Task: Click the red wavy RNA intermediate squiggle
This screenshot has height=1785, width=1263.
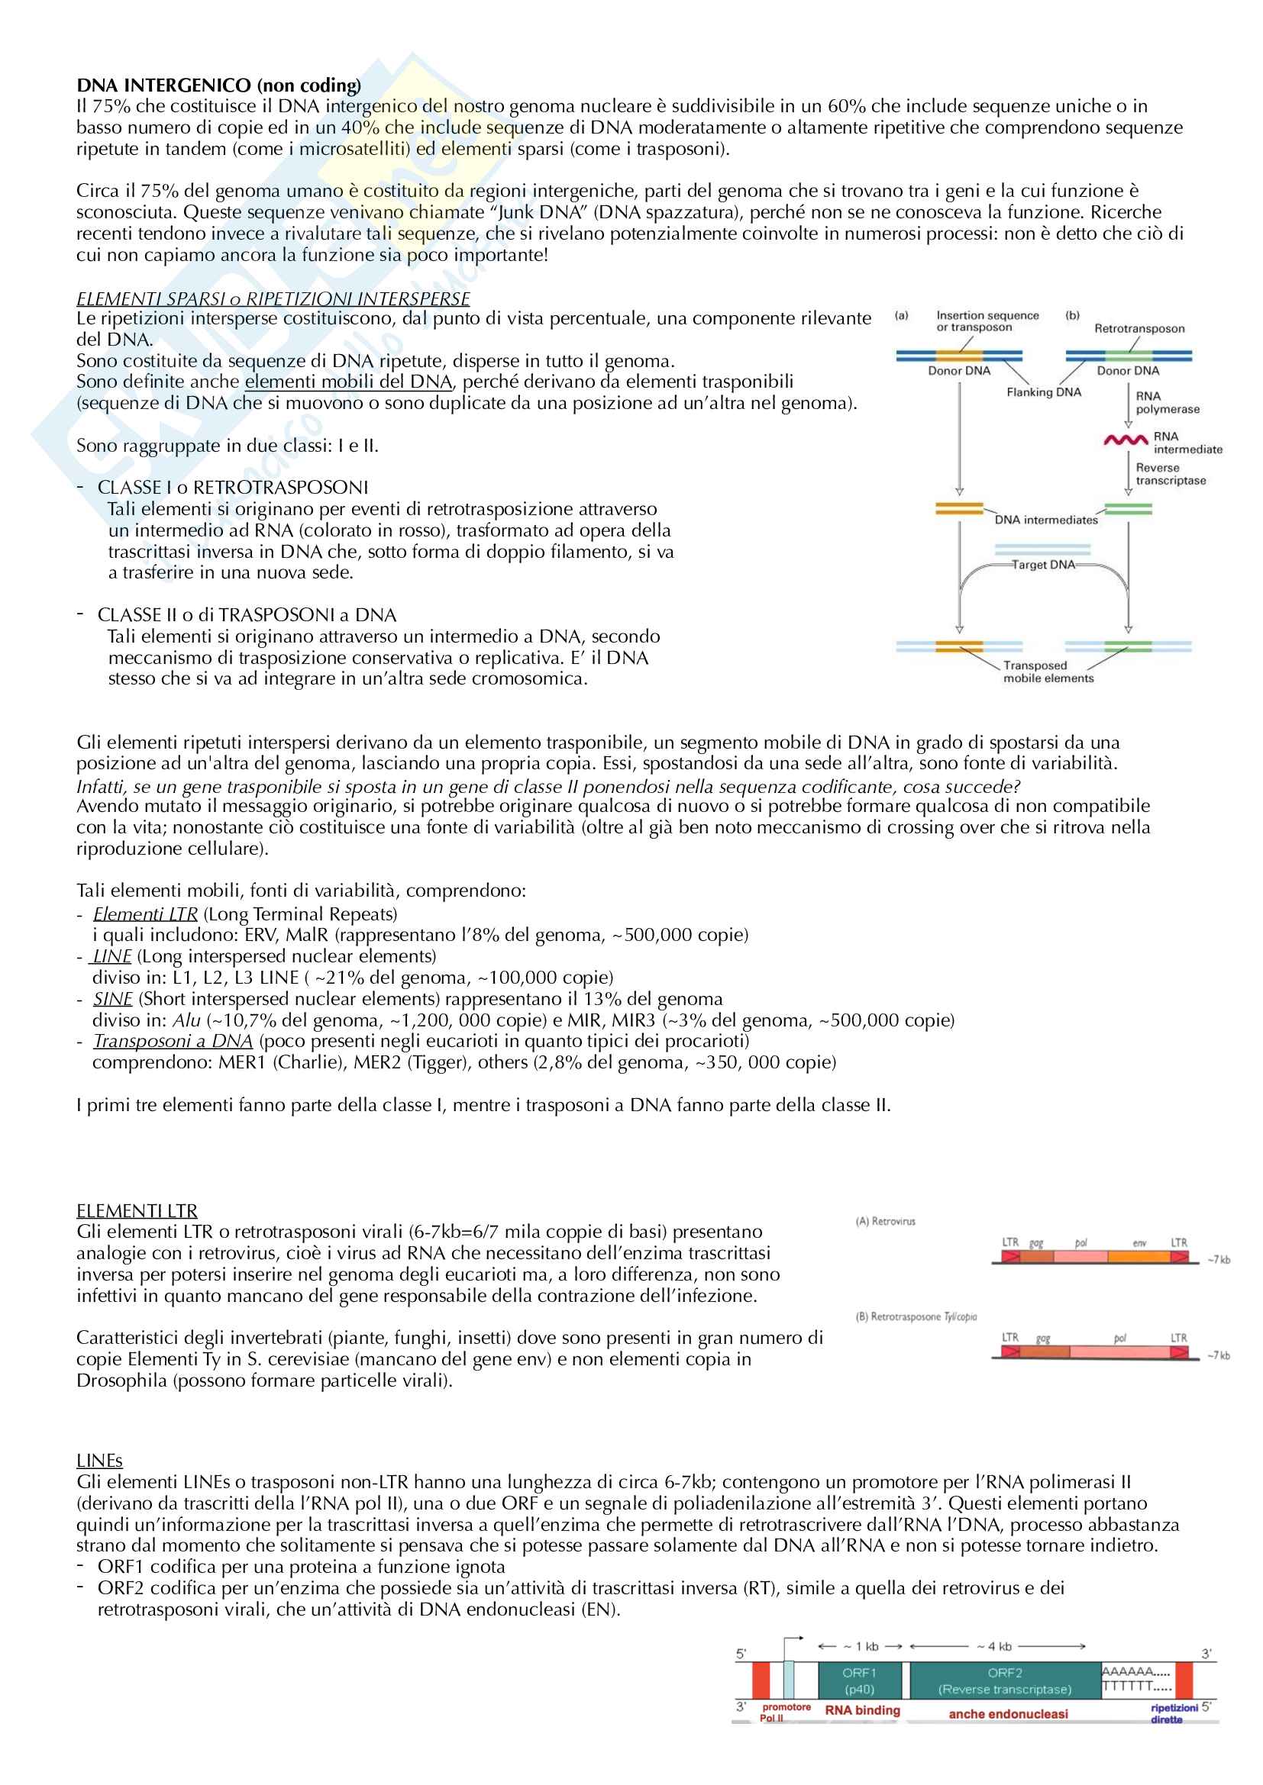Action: click(x=1126, y=441)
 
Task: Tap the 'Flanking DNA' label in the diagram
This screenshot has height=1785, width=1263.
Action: click(x=1044, y=391)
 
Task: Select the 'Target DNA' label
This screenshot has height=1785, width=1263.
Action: click(x=1043, y=565)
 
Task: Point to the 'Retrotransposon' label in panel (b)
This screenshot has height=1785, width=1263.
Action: click(x=1139, y=328)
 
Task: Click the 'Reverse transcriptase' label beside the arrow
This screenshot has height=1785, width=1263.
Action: click(x=1171, y=474)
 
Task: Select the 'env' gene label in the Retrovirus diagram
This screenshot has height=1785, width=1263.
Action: click(x=1139, y=1243)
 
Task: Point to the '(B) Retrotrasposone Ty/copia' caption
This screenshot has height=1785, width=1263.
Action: click(x=916, y=1317)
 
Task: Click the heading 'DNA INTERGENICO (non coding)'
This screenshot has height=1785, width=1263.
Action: click(x=218, y=85)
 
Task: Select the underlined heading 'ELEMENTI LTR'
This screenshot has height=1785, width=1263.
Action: click(x=137, y=1210)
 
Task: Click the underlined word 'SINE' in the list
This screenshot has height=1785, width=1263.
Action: click(x=113, y=999)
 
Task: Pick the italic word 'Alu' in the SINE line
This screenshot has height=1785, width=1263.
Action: click(x=186, y=1020)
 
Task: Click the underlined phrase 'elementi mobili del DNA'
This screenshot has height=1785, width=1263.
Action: click(x=348, y=382)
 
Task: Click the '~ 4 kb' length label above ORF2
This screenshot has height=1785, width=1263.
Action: click(x=995, y=1647)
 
